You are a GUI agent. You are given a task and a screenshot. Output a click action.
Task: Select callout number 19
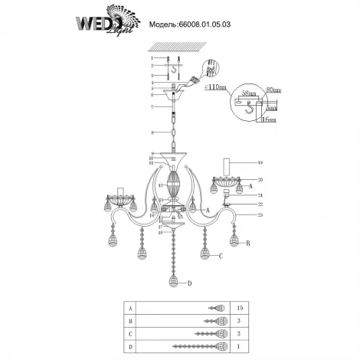[x=260, y=163]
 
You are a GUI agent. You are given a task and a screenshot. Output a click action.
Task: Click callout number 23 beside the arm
[x=260, y=215]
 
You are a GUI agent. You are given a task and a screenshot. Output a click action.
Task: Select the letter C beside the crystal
[x=220, y=257]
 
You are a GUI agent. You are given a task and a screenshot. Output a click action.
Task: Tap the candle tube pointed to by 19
[x=227, y=165]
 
